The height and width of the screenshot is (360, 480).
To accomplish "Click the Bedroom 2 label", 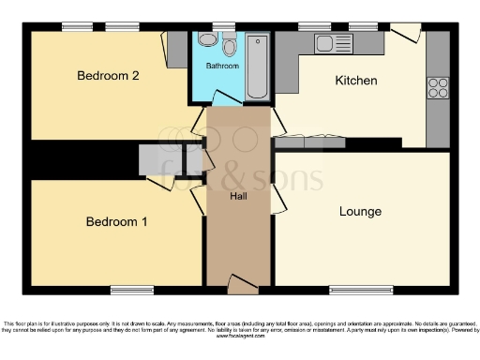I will click(108, 76).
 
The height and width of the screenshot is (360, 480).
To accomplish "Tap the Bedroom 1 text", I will click(116, 222).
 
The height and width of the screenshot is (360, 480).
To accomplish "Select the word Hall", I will click(239, 197).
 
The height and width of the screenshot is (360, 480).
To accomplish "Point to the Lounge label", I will click(360, 212).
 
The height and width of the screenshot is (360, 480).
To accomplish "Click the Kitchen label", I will click(356, 82).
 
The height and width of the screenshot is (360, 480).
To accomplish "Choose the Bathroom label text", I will click(222, 67).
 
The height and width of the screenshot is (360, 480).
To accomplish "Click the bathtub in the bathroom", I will click(257, 66).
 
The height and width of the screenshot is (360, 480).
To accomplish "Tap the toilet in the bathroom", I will click(229, 48).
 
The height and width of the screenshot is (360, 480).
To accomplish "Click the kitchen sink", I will click(331, 42).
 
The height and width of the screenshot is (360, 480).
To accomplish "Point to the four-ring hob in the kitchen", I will click(438, 87).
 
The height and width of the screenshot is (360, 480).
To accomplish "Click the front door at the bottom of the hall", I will click(240, 280).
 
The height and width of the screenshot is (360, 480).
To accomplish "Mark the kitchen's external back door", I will click(406, 33).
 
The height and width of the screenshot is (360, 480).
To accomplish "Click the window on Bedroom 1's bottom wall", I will click(131, 288).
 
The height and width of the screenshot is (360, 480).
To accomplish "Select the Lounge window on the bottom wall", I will click(360, 288).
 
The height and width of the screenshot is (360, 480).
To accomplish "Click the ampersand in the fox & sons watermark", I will click(232, 175).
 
